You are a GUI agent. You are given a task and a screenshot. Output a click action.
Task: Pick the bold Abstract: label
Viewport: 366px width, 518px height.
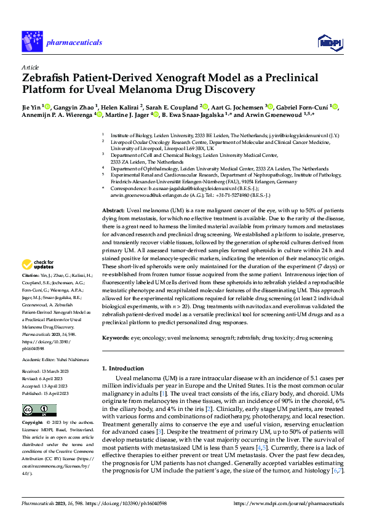point(113,210)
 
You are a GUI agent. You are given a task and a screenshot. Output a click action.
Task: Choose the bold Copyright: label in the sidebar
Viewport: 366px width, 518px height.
point(33,424)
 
